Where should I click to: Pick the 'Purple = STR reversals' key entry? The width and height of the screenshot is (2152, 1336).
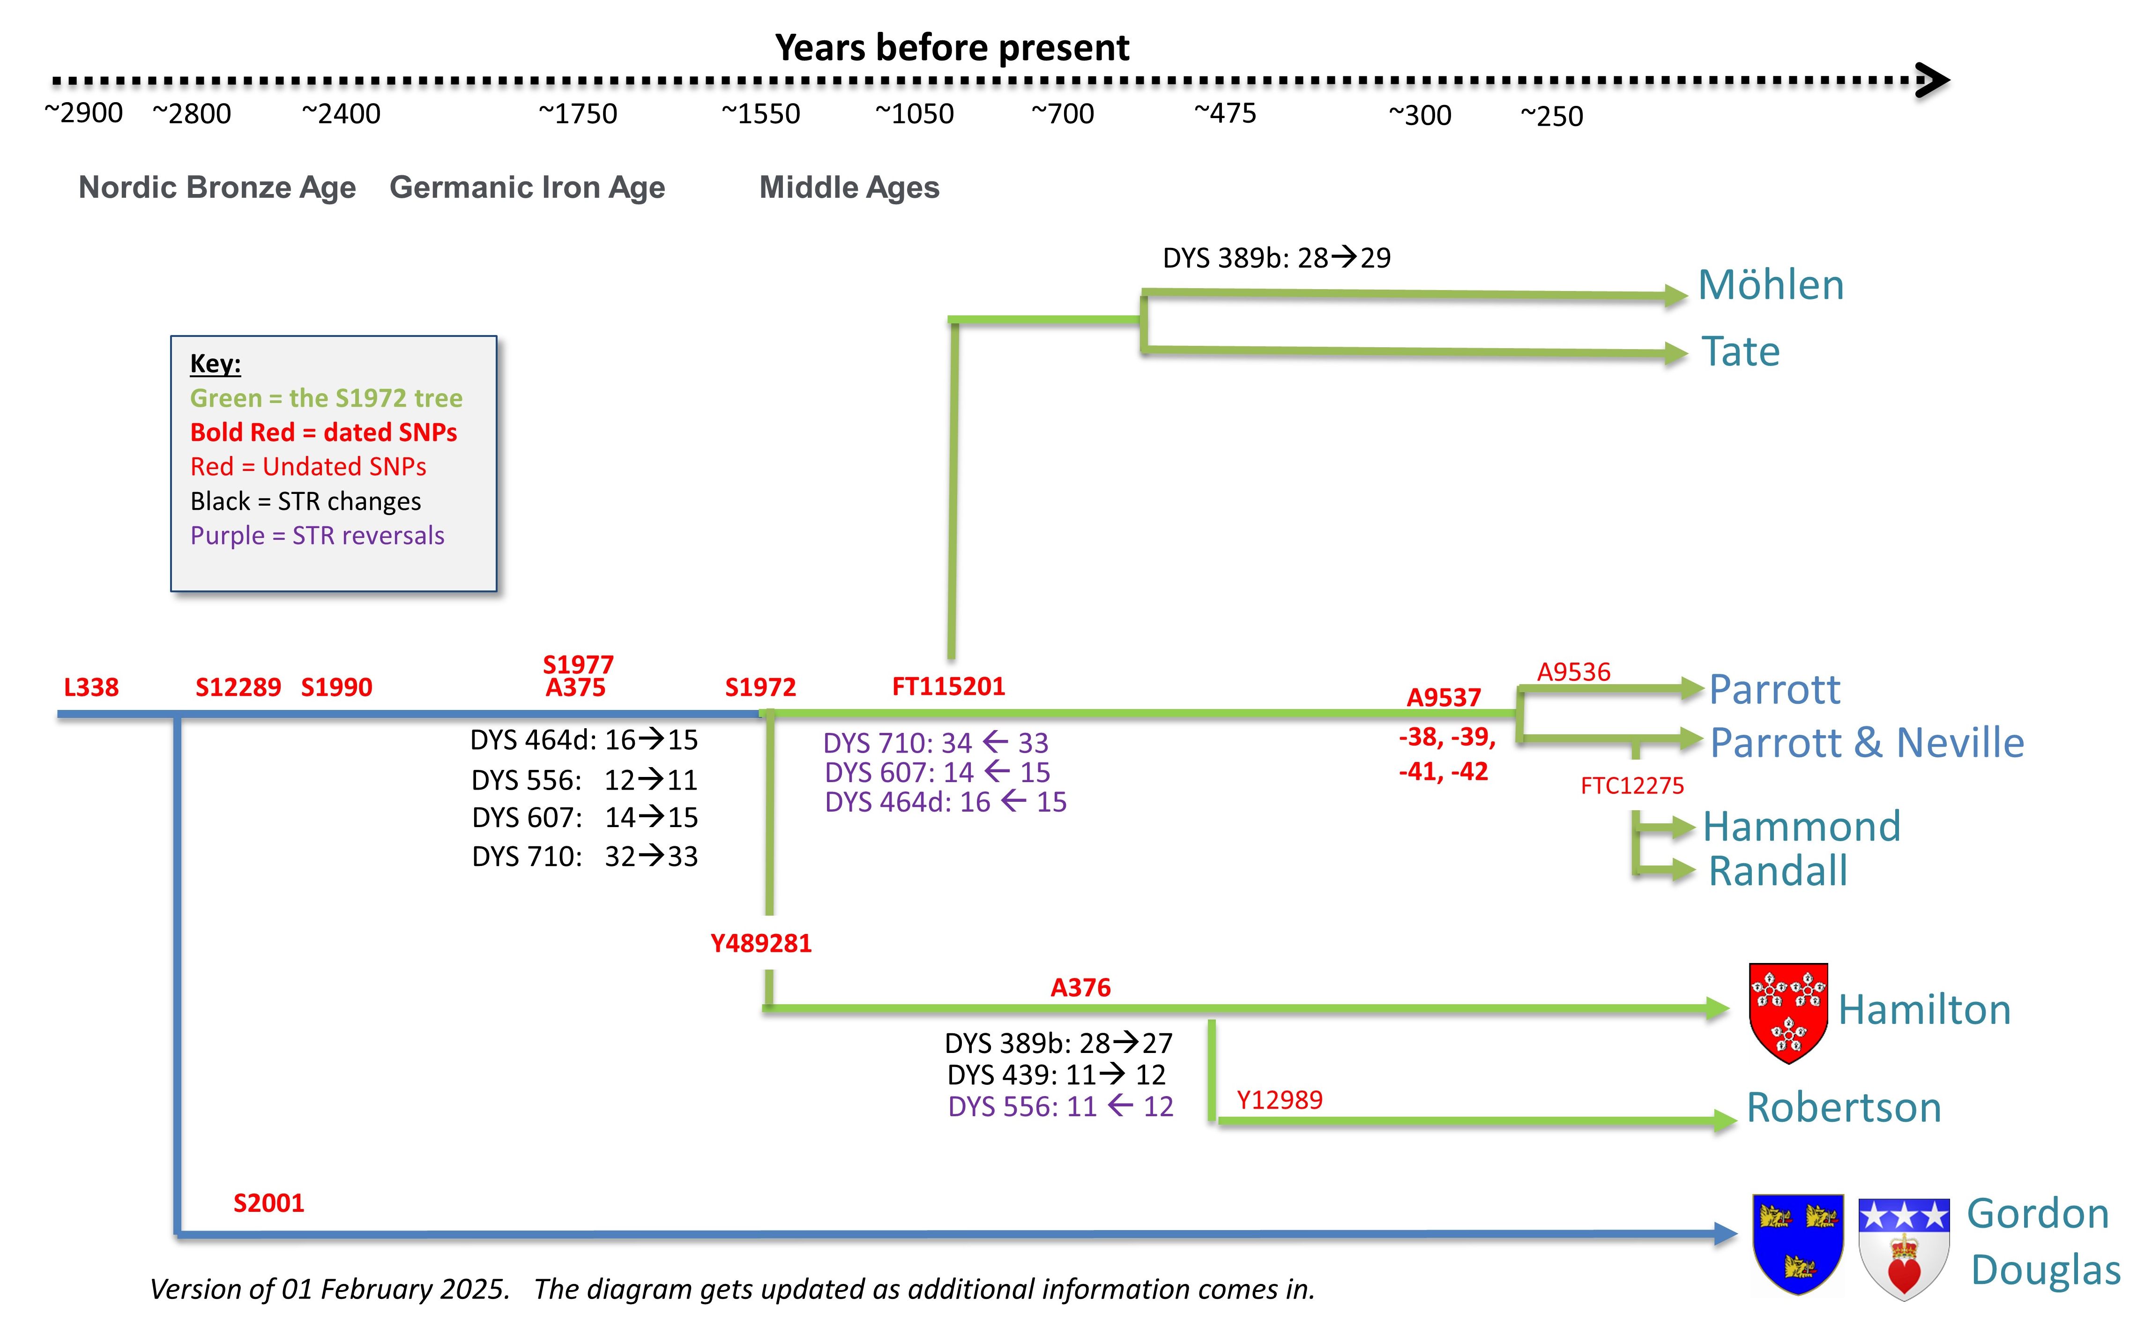pos(317,536)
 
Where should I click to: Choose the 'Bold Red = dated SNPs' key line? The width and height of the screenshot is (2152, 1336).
pos(323,432)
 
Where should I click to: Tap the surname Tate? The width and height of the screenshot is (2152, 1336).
pos(1740,351)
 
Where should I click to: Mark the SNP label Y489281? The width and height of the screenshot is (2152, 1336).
pos(760,944)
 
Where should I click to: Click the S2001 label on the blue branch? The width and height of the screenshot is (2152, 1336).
pos(268,1202)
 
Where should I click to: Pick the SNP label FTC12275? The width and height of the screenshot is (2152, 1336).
pos(1631,785)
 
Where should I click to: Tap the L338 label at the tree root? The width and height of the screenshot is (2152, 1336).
pos(91,687)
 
